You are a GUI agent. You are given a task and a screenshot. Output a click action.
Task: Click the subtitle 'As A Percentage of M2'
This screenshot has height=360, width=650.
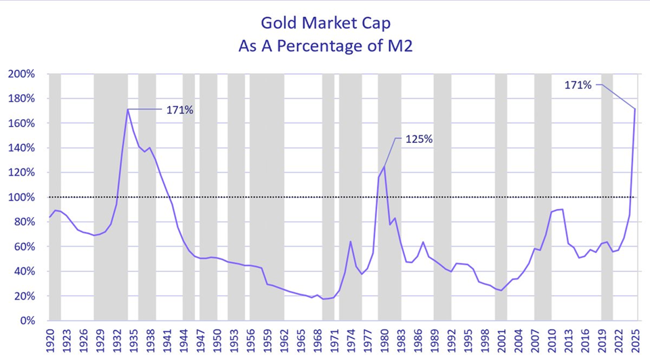pos(325,49)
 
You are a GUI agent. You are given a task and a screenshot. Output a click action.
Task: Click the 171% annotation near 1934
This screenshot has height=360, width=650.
pos(180,110)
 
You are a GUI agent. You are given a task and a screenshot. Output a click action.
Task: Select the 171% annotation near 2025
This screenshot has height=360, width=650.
pos(578,85)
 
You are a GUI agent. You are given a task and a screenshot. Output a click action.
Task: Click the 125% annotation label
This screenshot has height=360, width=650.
pos(418,139)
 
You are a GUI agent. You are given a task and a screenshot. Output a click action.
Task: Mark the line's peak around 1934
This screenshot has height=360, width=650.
pos(127,110)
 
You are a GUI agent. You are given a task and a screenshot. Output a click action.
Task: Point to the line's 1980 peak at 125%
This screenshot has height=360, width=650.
pos(384,166)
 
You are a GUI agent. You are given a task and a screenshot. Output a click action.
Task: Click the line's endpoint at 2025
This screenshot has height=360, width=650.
pos(635,109)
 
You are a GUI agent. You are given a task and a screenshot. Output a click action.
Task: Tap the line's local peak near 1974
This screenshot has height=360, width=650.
pos(351,242)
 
